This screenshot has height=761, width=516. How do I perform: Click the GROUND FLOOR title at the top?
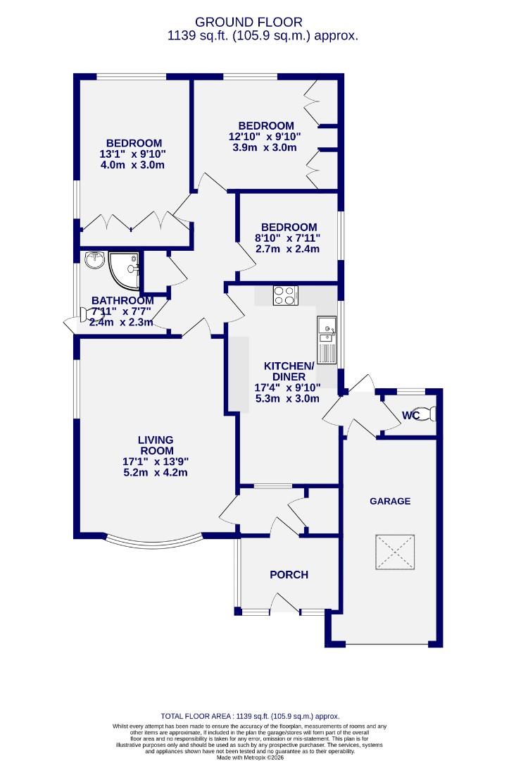[x=258, y=23]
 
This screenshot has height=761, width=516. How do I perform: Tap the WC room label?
[x=410, y=415]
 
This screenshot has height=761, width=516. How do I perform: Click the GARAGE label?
[x=390, y=501]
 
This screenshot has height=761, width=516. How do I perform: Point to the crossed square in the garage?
[x=395, y=552]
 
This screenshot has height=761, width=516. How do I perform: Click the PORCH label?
[x=289, y=574]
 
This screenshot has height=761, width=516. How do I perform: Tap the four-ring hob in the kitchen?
[x=285, y=295]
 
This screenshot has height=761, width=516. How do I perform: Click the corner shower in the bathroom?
[x=126, y=266]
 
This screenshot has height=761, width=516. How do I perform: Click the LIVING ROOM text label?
[x=156, y=445]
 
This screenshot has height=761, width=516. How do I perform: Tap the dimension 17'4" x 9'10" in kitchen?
[x=288, y=387]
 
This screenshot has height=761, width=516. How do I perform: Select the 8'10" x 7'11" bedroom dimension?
[x=287, y=238]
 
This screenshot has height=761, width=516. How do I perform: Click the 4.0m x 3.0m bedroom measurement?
[x=133, y=165]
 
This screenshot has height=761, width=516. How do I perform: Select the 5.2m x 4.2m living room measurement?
[x=156, y=473]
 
